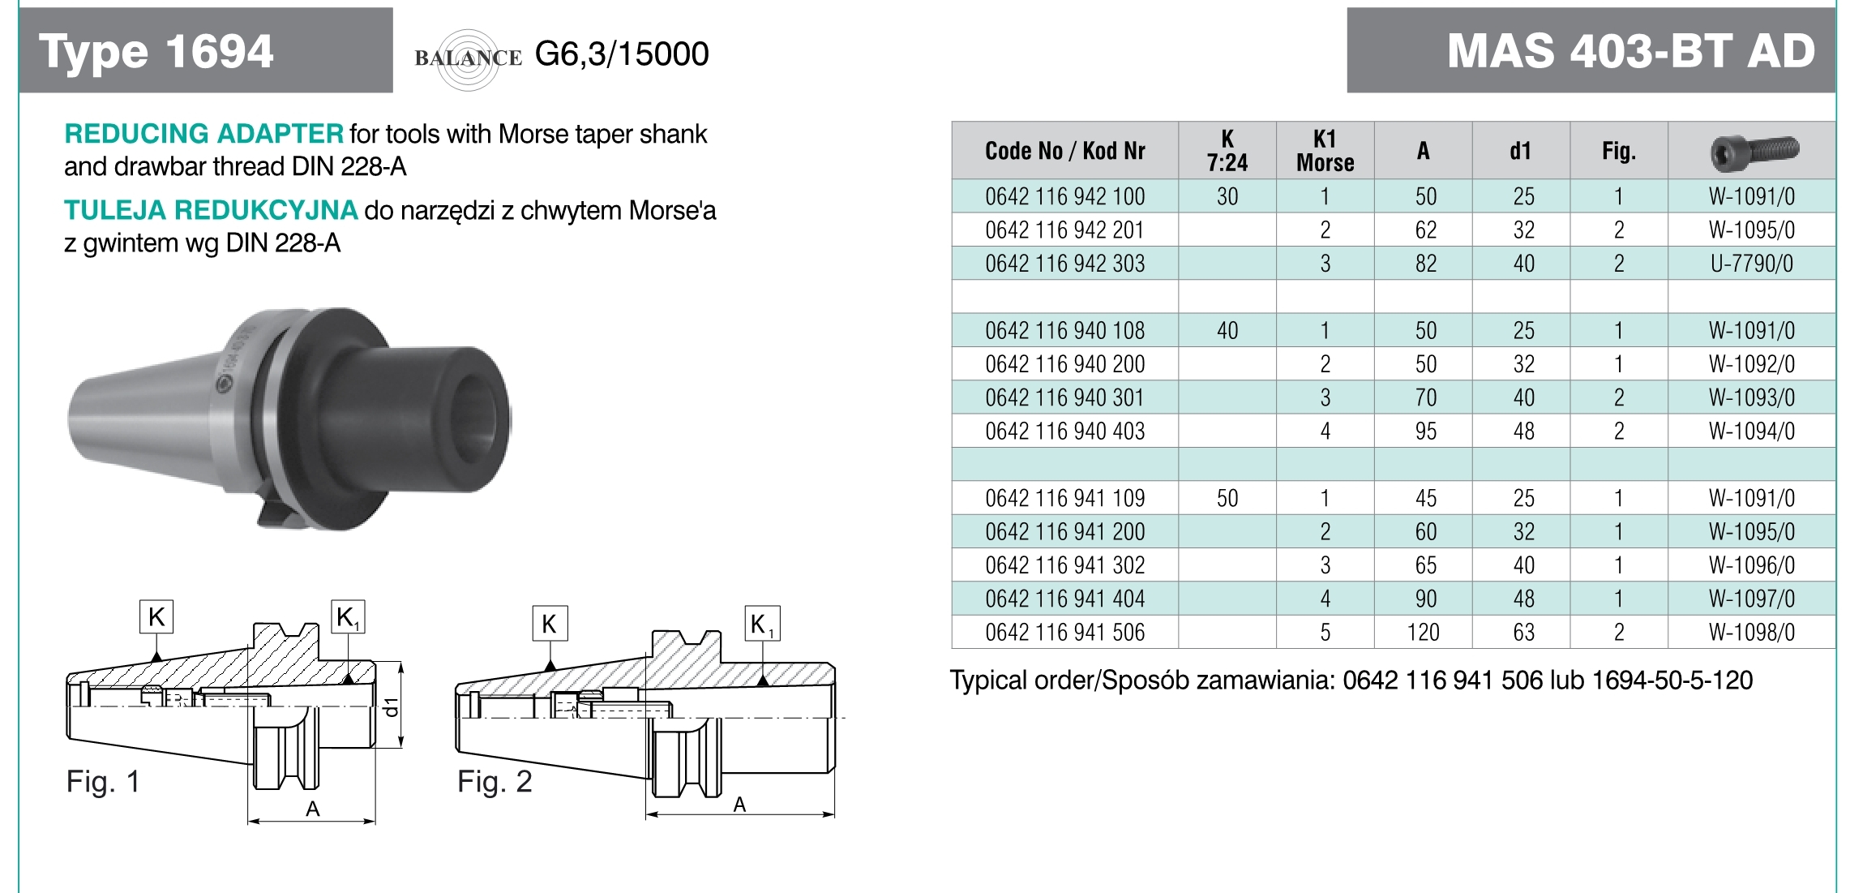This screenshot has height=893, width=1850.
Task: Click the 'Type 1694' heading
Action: click(x=156, y=52)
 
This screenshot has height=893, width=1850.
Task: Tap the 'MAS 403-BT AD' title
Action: click(x=1631, y=51)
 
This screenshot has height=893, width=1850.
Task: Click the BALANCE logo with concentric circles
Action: click(x=468, y=58)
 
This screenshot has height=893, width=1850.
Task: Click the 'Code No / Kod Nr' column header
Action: click(x=1065, y=151)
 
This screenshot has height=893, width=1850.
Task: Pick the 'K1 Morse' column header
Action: click(x=1325, y=151)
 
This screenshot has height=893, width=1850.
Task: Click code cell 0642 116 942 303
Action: click(x=1065, y=264)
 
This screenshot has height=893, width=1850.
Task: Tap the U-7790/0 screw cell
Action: click(x=1752, y=264)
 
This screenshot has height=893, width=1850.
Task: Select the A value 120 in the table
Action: click(x=1424, y=632)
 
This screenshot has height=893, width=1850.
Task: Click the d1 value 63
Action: click(x=1524, y=632)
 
